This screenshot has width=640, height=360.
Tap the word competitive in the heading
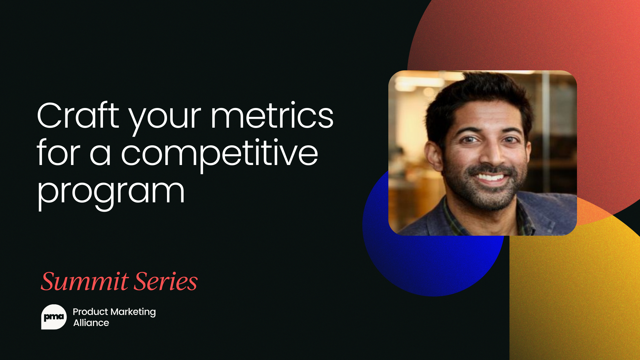pos(219,154)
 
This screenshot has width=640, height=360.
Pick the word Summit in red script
pos(85,281)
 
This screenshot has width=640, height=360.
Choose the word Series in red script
pos(166,281)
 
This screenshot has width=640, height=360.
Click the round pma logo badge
pos(54,317)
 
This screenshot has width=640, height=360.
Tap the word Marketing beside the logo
pos(133,312)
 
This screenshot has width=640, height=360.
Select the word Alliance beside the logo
pos(91,323)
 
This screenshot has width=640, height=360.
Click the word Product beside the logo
pos(90,312)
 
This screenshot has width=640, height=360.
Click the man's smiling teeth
pos(490,177)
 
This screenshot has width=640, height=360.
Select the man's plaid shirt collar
pos(453,217)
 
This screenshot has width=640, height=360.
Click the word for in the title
pos(58,154)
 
